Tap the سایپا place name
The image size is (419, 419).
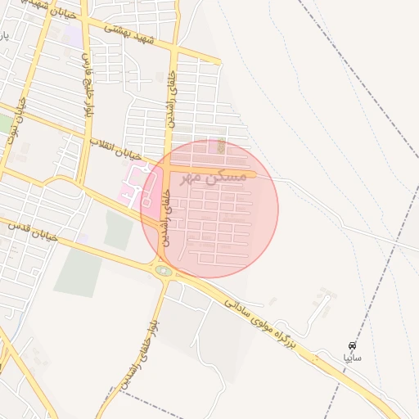pos(352,358)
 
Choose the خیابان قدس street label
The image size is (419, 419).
pos(33,230)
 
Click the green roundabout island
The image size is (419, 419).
pos(164,269)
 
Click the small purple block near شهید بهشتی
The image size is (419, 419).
pos(74,37)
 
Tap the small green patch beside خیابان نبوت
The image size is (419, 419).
pos(5,124)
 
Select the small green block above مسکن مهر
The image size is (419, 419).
pos(222,146)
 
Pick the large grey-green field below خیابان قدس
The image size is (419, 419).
pos(79,271)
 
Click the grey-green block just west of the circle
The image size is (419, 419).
pos(118,231)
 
